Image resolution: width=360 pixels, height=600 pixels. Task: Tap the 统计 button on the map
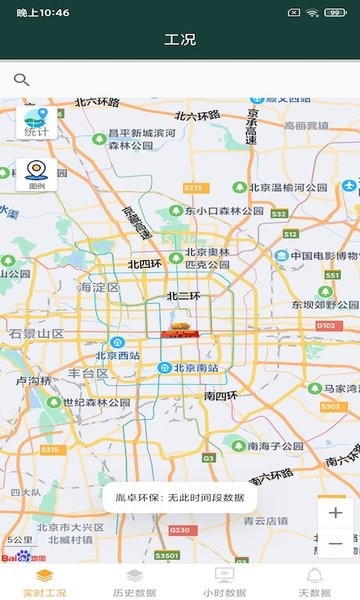[36, 122]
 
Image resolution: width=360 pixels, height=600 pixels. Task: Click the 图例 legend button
[36, 174]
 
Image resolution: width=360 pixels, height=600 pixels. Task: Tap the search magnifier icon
[21, 80]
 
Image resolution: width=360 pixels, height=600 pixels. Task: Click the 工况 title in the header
[180, 40]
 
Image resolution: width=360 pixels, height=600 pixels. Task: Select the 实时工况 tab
[45, 582]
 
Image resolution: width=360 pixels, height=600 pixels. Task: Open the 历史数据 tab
[134, 582]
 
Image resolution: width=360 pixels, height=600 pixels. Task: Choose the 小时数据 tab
[224, 582]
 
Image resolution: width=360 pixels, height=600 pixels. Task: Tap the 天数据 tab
[314, 582]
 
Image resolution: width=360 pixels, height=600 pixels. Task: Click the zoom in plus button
[335, 513]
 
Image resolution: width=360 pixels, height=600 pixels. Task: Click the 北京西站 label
[118, 355]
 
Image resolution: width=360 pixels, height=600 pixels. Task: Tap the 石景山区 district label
[37, 332]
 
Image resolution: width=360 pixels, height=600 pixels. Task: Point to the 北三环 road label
[184, 295]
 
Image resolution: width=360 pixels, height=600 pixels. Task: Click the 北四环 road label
[144, 265]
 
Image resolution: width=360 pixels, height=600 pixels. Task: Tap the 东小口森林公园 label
[223, 211]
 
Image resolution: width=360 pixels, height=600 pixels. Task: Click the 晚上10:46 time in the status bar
[42, 12]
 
